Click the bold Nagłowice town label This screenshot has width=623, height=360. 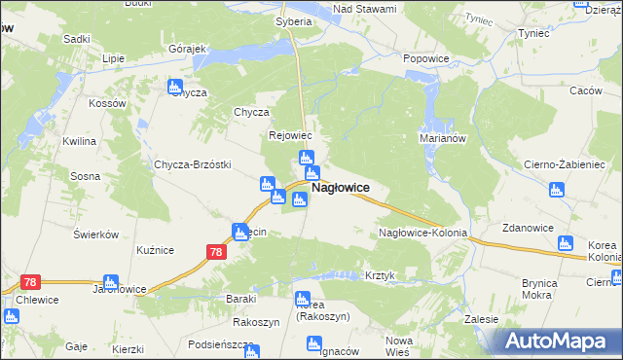pos(340,188)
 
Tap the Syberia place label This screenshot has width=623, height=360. pos(294,20)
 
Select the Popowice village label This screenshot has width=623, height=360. pos(424,58)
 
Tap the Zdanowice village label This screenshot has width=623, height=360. pos(528,228)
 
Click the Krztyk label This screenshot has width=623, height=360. pos(380,275)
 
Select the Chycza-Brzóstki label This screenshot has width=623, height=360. pos(192,164)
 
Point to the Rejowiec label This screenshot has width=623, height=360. pos(289,136)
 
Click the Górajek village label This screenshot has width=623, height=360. pos(189,49)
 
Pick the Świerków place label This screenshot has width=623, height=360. pos(95,234)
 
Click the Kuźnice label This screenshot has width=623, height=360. pos(155,250)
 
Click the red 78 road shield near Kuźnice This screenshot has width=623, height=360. pos(216,252)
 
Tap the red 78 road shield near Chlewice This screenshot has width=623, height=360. pos(29,282)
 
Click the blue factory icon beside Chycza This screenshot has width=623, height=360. pos(175,87)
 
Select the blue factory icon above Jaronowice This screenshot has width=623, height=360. pos(111,281)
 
